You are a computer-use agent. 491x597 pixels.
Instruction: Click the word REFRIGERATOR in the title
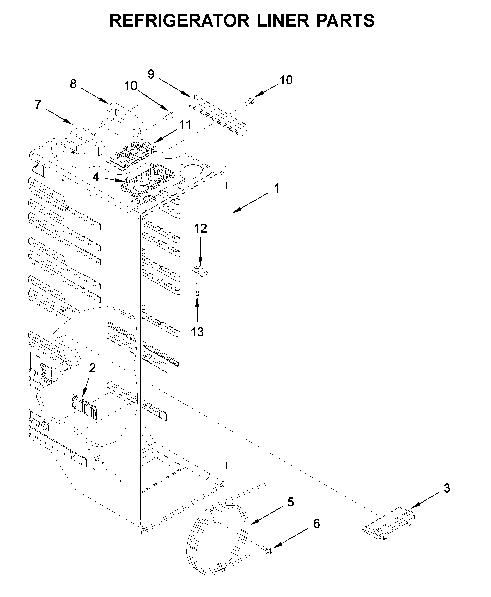179,20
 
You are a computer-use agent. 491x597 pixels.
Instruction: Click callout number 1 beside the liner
277,189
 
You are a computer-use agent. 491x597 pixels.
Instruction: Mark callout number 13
197,332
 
